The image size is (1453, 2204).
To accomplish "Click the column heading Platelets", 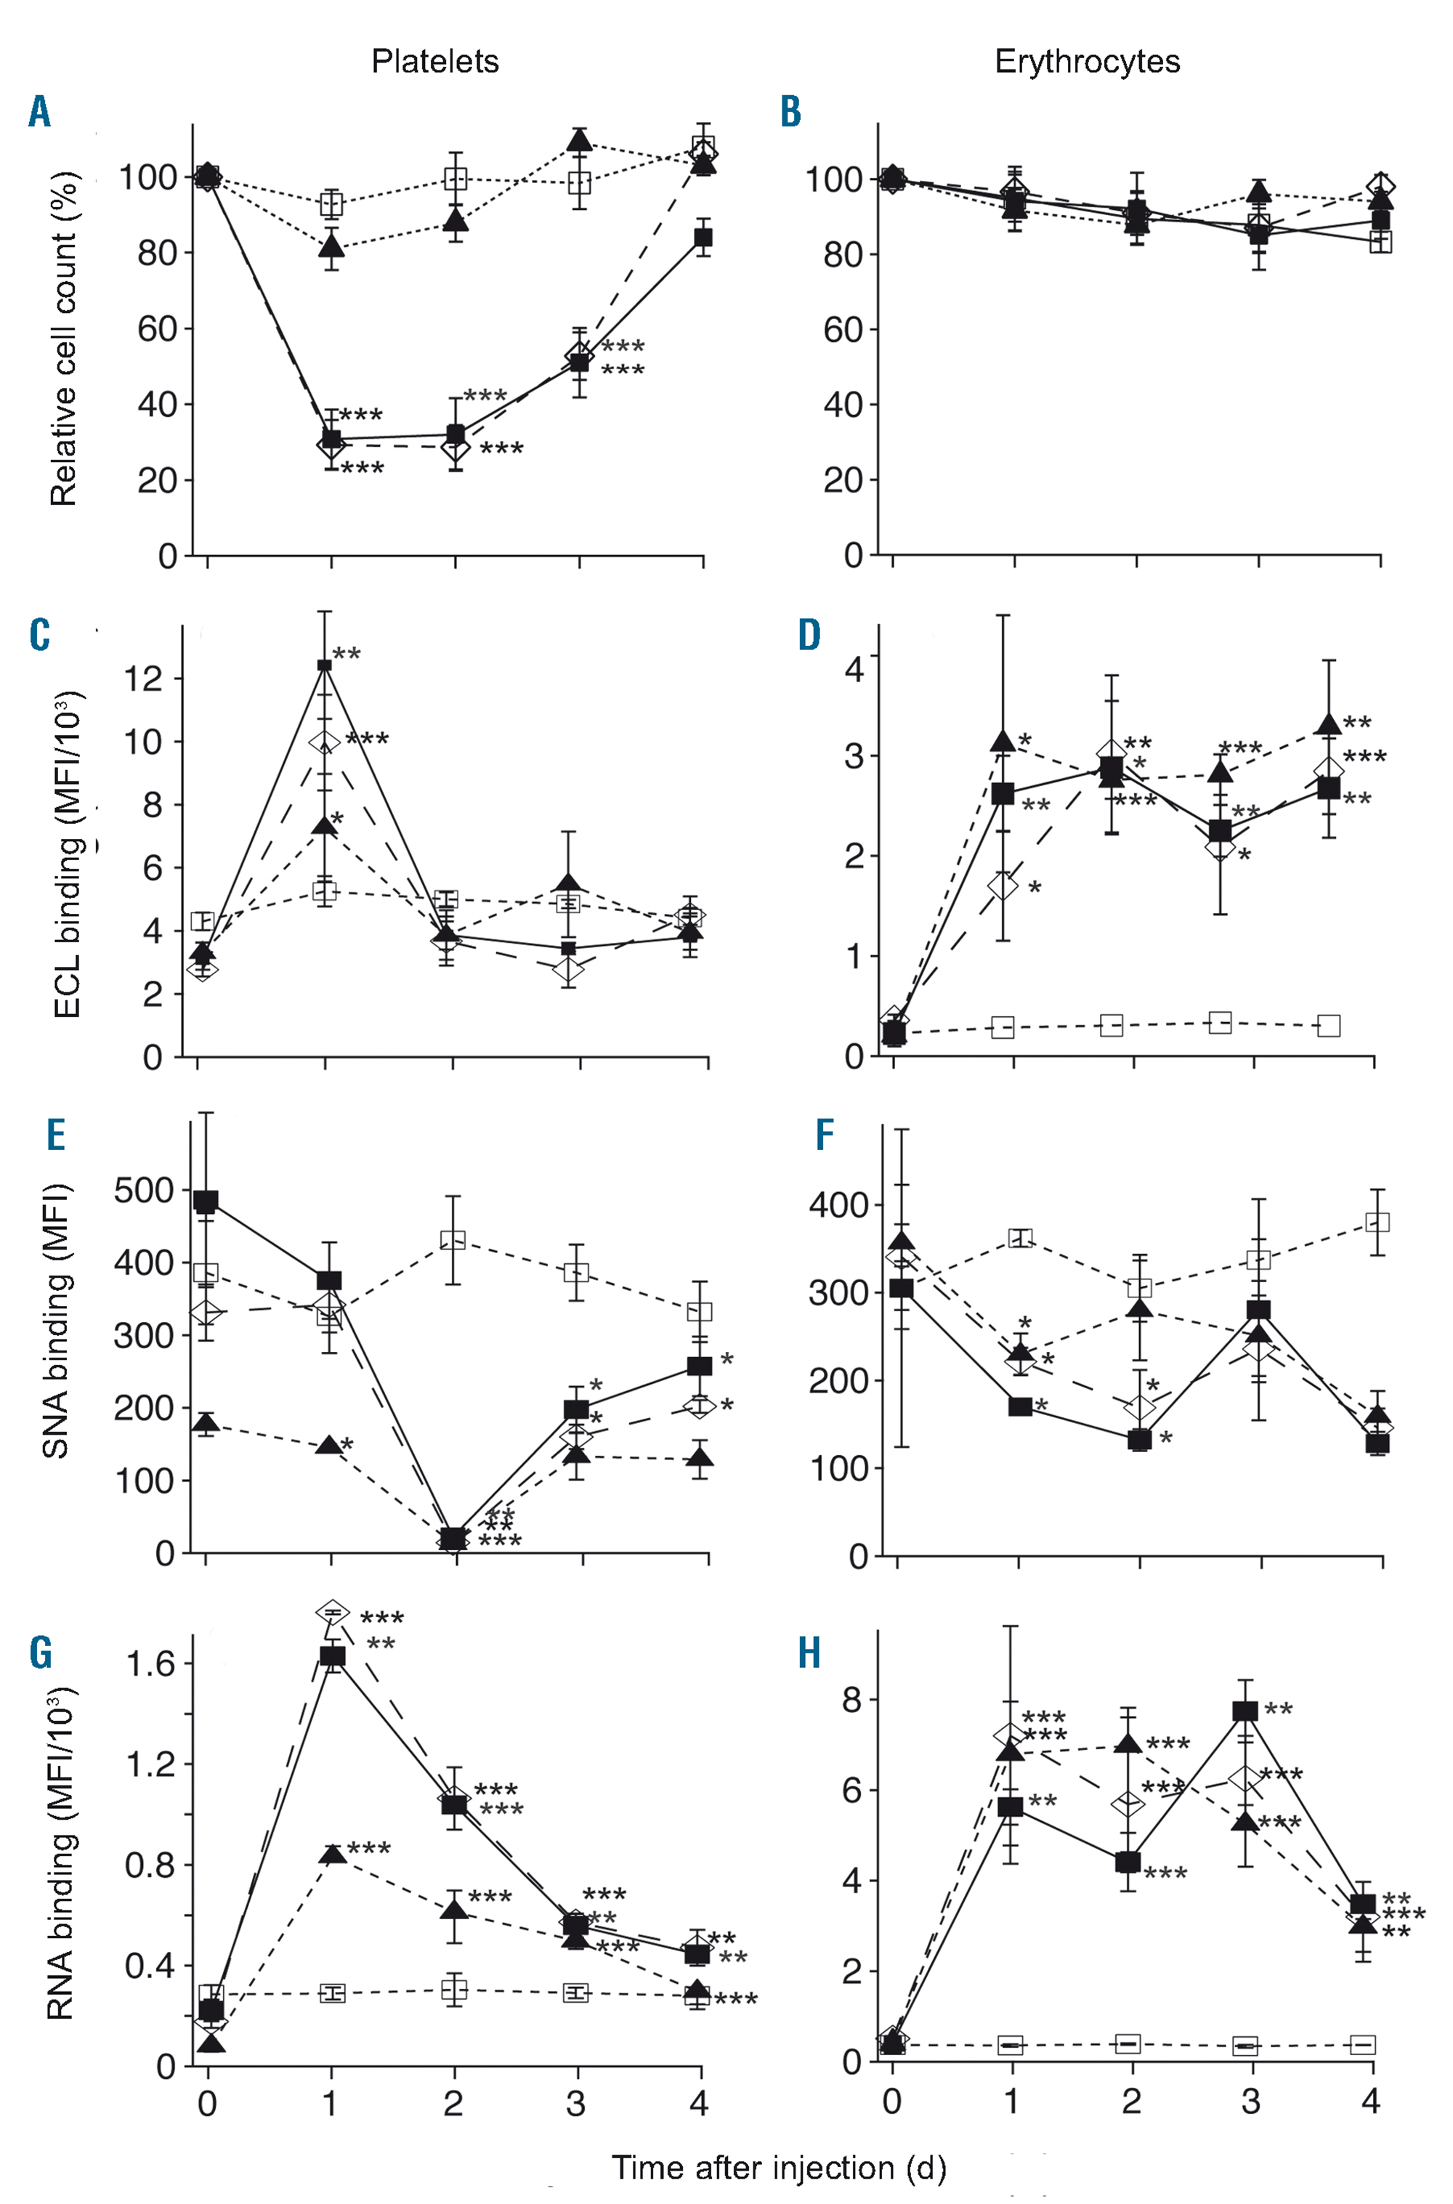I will pyautogui.click(x=434, y=62).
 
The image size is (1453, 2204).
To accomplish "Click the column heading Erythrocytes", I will pyautogui.click(x=1087, y=62).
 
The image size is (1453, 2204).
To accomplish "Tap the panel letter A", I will pyautogui.click(x=39, y=112).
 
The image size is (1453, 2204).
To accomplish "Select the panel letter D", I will pyautogui.click(x=809, y=636).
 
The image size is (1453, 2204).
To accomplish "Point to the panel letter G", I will pyautogui.click(x=41, y=1653).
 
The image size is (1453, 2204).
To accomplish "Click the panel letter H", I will pyautogui.click(x=809, y=1653).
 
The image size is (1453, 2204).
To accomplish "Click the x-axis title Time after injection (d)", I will pyautogui.click(x=778, y=2168).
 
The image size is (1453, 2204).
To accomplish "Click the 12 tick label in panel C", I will pyautogui.click(x=144, y=679).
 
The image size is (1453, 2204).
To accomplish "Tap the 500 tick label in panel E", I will pyautogui.click(x=144, y=1191).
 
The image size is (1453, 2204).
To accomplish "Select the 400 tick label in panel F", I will pyautogui.click(x=838, y=1205).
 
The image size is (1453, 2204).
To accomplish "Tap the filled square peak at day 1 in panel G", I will pyautogui.click(x=332, y=1656).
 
